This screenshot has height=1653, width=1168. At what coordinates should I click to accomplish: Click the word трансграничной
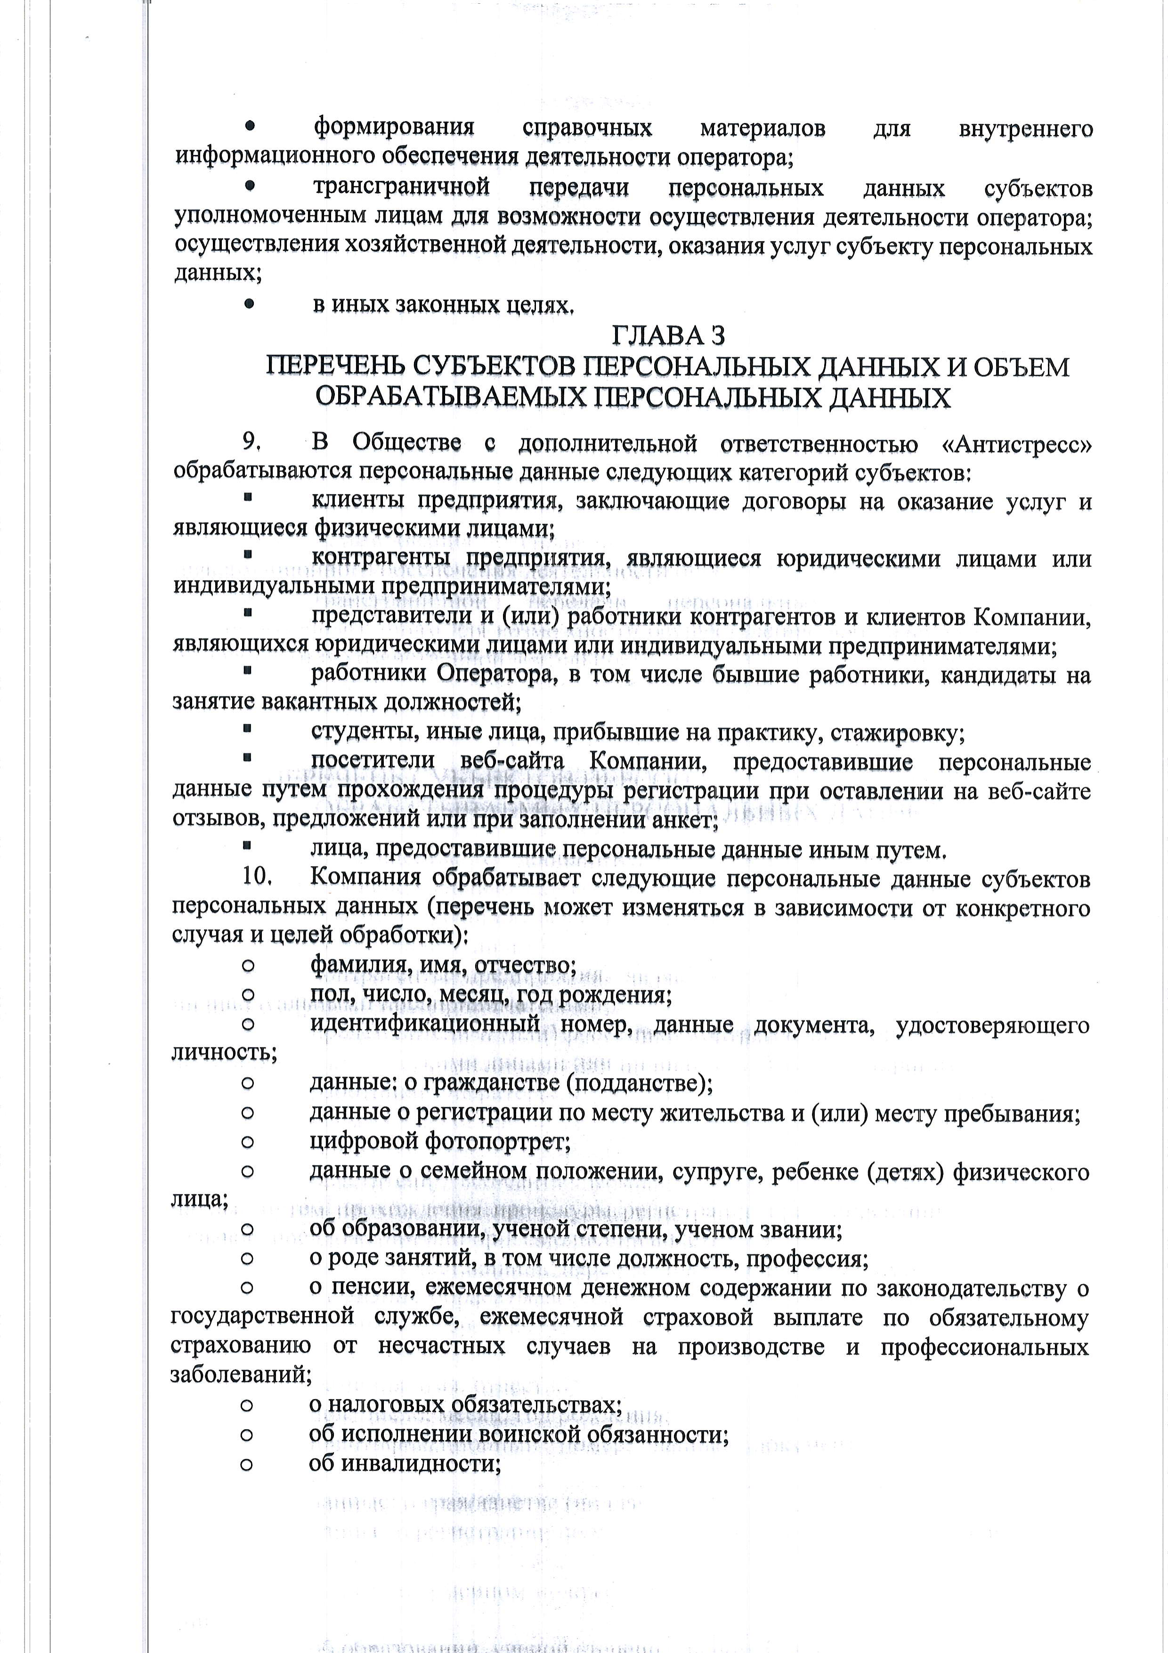pos(402,187)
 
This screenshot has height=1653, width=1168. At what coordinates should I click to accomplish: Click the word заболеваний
pos(240,1375)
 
